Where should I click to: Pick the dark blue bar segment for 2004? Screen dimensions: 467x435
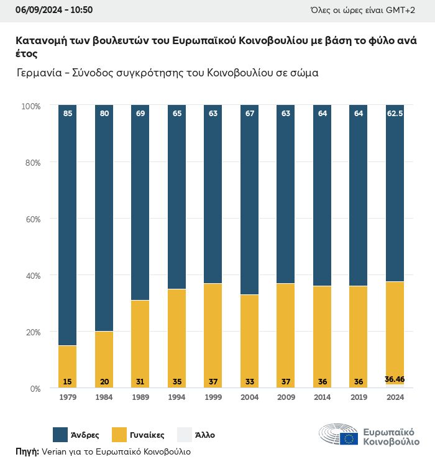click(x=249, y=199)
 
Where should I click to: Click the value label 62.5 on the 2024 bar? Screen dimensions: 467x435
click(x=395, y=114)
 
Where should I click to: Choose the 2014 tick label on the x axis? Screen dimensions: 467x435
click(x=322, y=398)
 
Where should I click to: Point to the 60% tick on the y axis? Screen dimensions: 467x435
click(x=32, y=219)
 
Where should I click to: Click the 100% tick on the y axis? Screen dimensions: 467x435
click(x=30, y=106)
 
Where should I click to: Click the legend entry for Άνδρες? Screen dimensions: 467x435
click(x=73, y=435)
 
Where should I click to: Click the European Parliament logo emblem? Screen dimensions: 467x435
click(x=339, y=435)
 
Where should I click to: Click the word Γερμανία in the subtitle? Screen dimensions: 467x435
click(x=41, y=72)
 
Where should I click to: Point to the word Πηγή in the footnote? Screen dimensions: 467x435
click(x=27, y=451)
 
